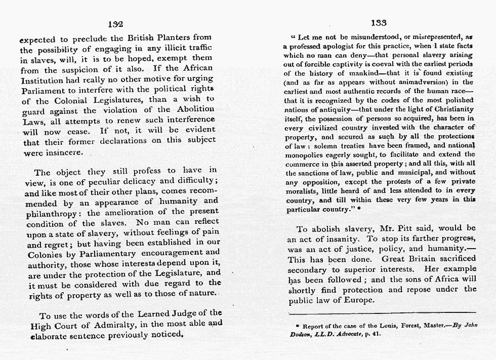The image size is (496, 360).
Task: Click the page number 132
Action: (115, 24)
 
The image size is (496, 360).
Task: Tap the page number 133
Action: (379, 23)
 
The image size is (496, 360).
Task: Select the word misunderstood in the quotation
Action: (373, 37)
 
